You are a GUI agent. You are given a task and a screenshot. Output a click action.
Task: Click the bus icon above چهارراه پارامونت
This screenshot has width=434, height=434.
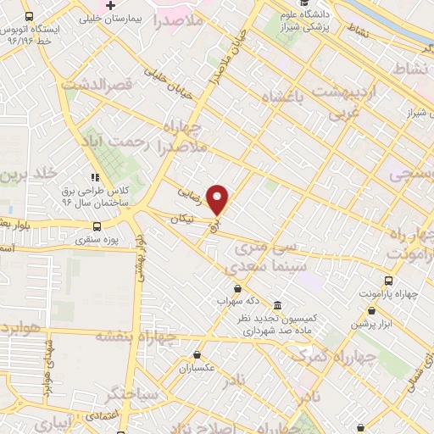388,280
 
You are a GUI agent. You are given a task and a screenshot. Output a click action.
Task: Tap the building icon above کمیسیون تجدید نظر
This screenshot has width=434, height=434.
278,304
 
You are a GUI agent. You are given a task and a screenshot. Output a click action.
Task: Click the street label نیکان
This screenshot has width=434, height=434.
182,218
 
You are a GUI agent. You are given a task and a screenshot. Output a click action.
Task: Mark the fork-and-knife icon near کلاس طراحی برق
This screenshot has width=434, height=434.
94,177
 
